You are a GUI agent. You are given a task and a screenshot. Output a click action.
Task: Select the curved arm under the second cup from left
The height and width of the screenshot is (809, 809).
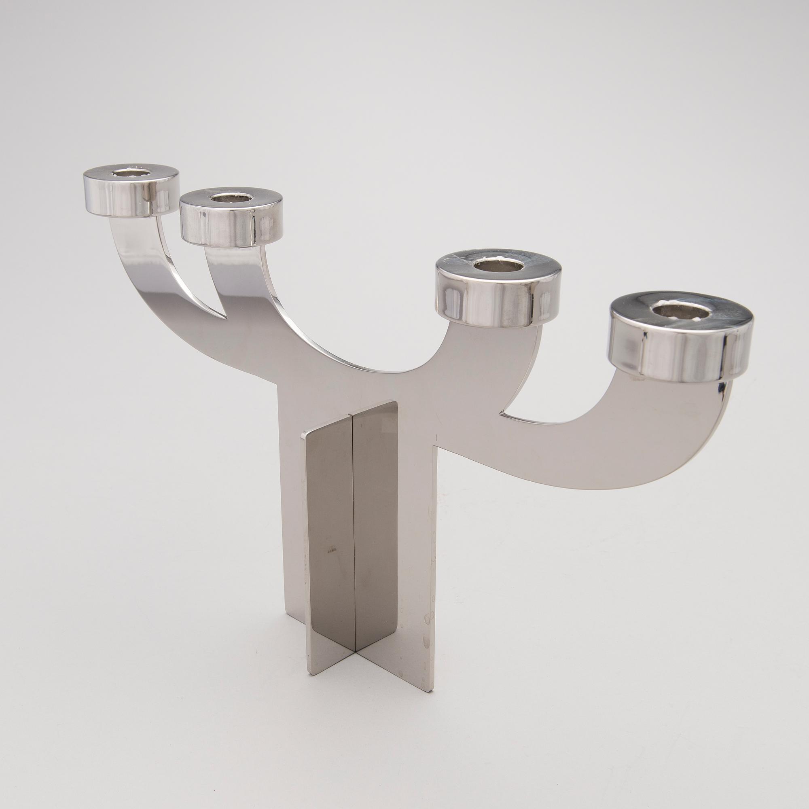pos(247,293)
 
